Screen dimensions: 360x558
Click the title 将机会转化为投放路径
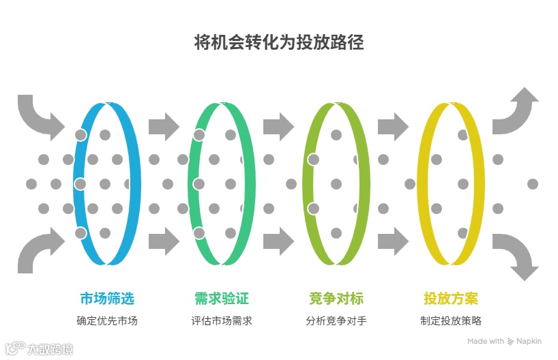(x=279, y=42)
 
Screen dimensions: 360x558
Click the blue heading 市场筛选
(x=107, y=299)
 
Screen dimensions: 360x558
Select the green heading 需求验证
(x=222, y=299)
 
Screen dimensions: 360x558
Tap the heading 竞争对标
(x=336, y=299)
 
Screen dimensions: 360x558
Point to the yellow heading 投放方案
(x=451, y=299)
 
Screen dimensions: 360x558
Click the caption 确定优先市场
(x=107, y=320)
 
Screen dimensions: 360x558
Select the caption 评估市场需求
(x=222, y=320)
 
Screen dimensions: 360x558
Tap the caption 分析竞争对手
(x=336, y=320)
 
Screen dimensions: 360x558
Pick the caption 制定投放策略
(x=451, y=320)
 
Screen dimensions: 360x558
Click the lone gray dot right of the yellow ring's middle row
(x=533, y=184)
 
